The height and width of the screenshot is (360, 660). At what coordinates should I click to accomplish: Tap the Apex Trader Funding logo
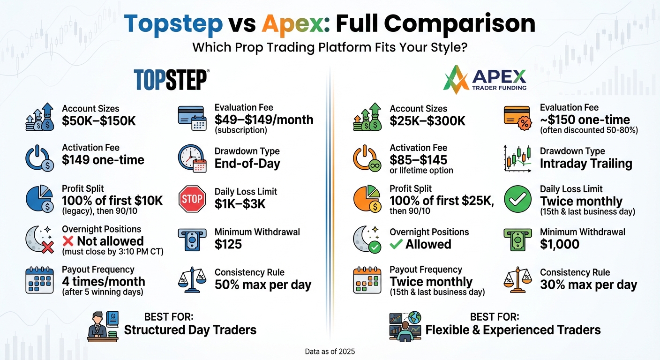tap(485, 80)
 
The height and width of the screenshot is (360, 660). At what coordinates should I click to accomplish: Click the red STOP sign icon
tap(192, 199)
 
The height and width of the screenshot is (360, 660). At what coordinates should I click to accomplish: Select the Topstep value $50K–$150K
tap(98, 121)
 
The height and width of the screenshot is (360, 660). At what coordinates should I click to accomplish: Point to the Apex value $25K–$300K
tap(427, 121)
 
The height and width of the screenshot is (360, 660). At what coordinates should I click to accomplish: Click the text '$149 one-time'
tap(103, 160)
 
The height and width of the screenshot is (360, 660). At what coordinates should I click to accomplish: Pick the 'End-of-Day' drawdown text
tap(247, 164)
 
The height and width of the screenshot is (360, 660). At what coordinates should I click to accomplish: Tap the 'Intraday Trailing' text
tap(586, 164)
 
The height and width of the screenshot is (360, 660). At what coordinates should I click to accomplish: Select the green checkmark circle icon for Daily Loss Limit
tap(517, 200)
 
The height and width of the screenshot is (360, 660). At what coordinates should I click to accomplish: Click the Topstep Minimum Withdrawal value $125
tap(228, 244)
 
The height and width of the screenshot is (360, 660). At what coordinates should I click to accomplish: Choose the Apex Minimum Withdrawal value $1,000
tap(560, 244)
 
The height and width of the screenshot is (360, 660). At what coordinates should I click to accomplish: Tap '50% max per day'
tap(262, 285)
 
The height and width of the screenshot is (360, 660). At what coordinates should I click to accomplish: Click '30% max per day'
tap(588, 285)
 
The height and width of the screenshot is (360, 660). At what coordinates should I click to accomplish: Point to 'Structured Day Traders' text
tap(190, 330)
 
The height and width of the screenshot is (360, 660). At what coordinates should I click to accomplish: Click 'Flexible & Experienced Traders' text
tap(513, 330)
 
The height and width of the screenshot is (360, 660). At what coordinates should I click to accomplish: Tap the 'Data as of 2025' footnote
tap(330, 351)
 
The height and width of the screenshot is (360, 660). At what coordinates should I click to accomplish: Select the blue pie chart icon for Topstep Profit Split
tap(39, 199)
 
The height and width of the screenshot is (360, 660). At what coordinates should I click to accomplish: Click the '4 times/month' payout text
tap(104, 282)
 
